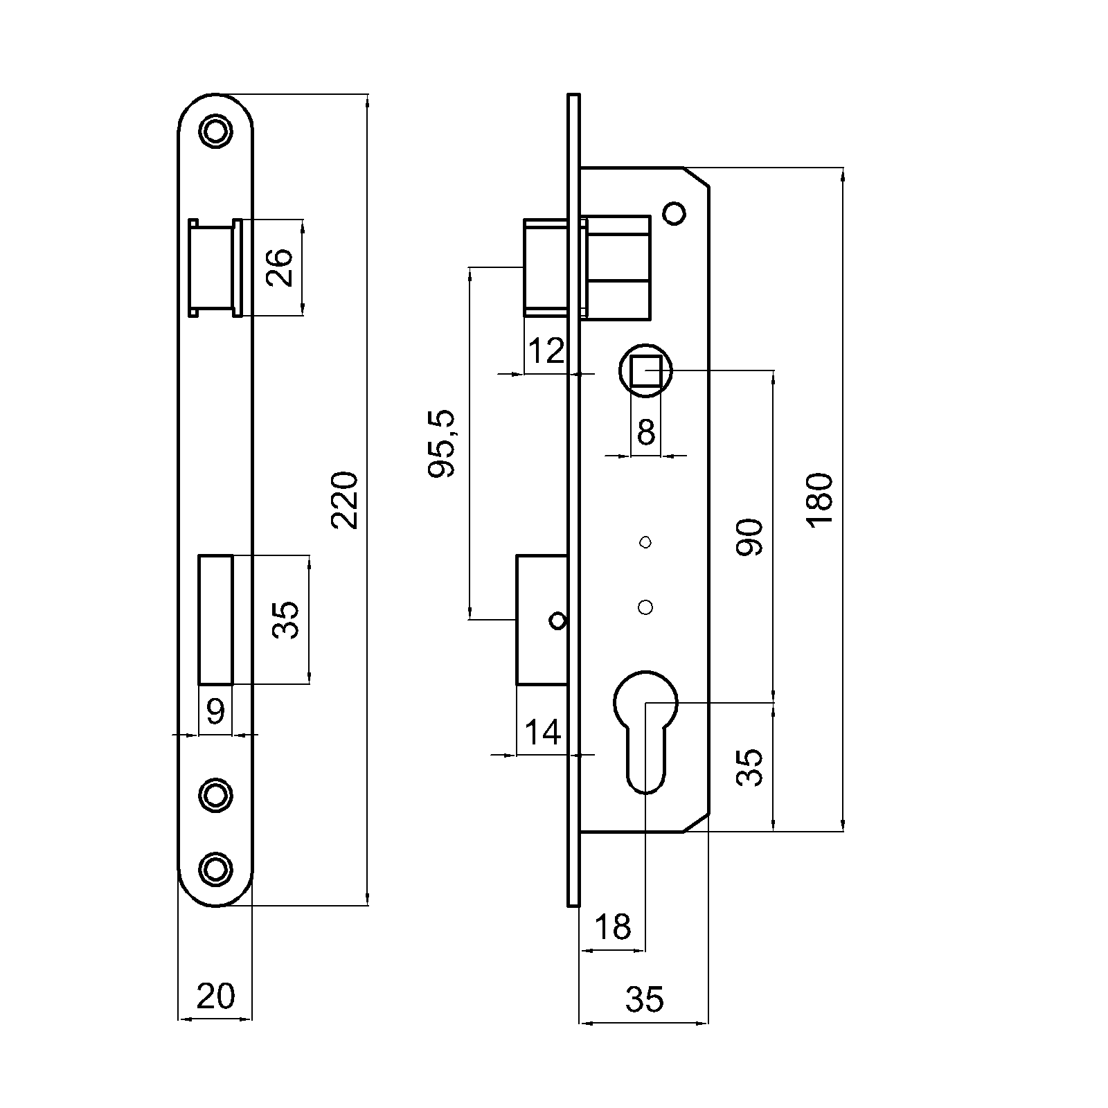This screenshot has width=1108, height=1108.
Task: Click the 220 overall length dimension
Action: click(x=345, y=500)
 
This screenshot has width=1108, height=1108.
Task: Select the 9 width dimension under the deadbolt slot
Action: click(x=216, y=711)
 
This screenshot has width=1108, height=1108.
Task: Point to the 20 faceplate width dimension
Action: click(x=215, y=997)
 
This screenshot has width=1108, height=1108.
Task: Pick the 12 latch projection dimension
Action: click(x=546, y=352)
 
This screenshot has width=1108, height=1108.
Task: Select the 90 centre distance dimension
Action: click(x=749, y=537)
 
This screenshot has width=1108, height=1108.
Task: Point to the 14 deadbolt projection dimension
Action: click(x=543, y=732)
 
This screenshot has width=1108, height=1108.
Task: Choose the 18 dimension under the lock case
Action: click(x=614, y=927)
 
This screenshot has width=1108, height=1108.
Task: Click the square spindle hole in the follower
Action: click(x=645, y=370)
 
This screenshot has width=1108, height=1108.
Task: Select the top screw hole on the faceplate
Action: click(x=215, y=130)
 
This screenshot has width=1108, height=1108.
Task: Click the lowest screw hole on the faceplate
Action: click(x=215, y=868)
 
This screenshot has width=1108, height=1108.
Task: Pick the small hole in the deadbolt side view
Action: click(x=557, y=620)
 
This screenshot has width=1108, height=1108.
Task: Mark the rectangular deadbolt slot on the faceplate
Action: click(x=216, y=620)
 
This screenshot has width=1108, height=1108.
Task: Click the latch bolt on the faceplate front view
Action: click(x=215, y=267)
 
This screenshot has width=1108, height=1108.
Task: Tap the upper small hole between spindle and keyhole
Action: click(x=645, y=542)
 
